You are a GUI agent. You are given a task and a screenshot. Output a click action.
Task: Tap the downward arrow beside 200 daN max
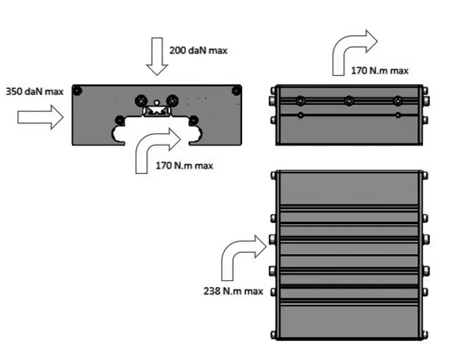[x=159, y=57]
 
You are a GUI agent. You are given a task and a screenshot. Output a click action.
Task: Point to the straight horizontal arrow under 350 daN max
[x=40, y=117]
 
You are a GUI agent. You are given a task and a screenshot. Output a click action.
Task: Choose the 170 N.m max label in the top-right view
[x=380, y=70]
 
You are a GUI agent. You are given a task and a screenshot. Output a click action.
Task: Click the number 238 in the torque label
[x=213, y=291]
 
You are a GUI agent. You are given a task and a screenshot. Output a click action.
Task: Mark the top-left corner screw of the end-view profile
[x=78, y=90]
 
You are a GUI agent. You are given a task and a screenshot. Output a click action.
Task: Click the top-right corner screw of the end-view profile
[x=236, y=90]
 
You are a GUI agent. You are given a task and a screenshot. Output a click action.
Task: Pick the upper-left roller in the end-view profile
[x=141, y=100]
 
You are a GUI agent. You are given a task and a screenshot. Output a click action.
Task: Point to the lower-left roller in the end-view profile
[x=120, y=120]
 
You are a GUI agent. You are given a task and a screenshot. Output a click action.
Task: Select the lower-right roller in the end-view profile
[x=194, y=120]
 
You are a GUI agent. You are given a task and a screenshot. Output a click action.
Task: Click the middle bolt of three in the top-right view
[x=349, y=101]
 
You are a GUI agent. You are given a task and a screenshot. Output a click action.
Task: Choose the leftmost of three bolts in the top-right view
[x=299, y=101]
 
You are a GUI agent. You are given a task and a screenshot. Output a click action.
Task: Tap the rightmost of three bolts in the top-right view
[x=398, y=101]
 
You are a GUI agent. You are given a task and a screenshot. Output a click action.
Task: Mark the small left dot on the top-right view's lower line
[x=300, y=116]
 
